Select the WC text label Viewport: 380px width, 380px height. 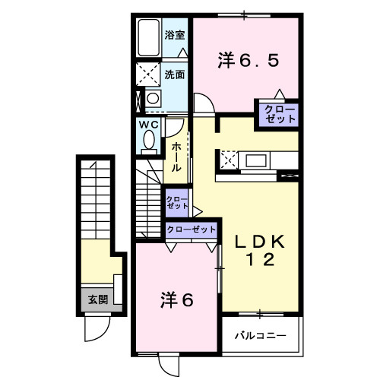point(148,125)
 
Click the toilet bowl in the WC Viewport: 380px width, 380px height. point(148,141)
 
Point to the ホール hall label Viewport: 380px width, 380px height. point(176,156)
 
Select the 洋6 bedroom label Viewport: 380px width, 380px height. point(176,300)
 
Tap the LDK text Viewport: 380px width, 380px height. point(258,242)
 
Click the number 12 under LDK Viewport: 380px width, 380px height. point(258,261)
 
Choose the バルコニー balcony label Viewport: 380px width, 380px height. point(259,335)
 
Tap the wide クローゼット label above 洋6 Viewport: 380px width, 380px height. point(191,229)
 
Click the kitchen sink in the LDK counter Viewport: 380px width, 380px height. point(255,160)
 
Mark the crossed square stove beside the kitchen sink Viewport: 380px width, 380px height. point(228,160)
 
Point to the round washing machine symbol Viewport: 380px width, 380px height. point(152,99)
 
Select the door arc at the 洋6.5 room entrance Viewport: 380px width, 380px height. point(203,104)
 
